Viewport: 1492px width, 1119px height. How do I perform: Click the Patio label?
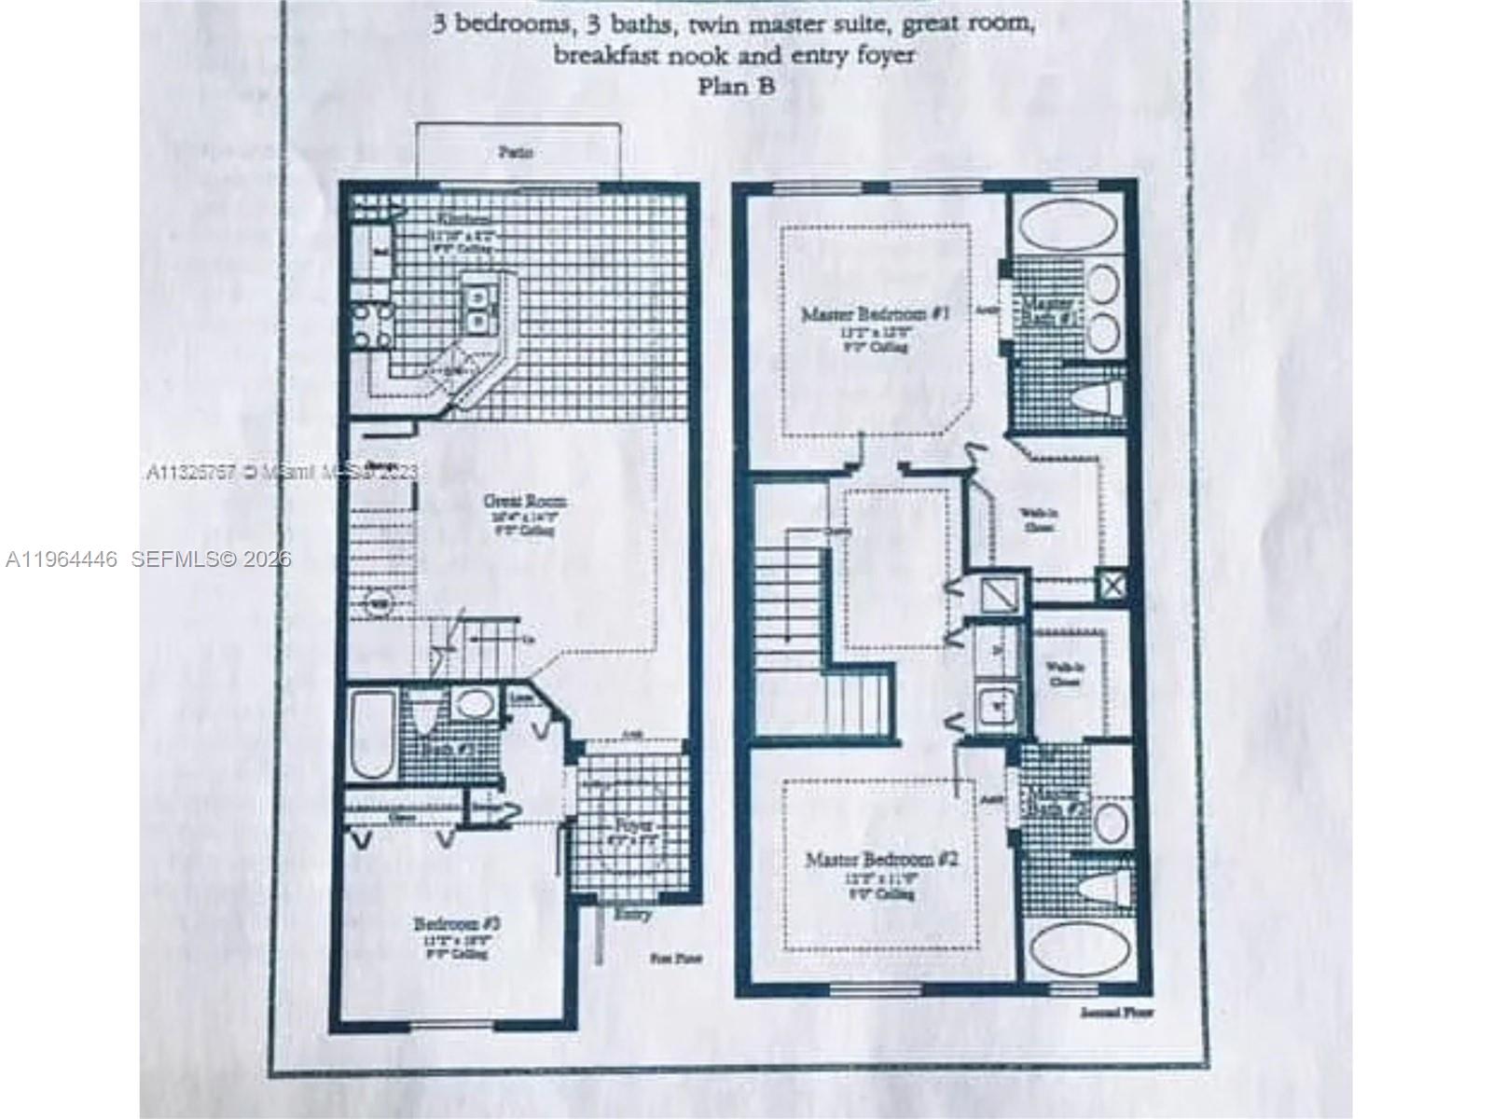(x=515, y=152)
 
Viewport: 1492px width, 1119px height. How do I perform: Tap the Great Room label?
(x=524, y=502)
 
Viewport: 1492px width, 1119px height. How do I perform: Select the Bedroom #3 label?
(x=458, y=924)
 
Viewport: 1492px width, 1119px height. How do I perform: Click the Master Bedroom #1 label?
(x=875, y=314)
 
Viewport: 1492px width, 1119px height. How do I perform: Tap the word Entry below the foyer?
(x=633, y=915)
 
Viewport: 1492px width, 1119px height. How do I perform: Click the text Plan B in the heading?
(x=737, y=86)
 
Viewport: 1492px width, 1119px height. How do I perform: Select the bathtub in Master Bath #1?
(x=1071, y=227)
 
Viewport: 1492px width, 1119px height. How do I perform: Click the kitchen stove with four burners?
(x=371, y=326)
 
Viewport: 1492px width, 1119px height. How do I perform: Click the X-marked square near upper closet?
(x=1112, y=586)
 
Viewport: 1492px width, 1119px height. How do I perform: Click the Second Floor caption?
(x=1115, y=1012)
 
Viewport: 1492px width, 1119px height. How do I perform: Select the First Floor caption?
(x=675, y=958)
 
